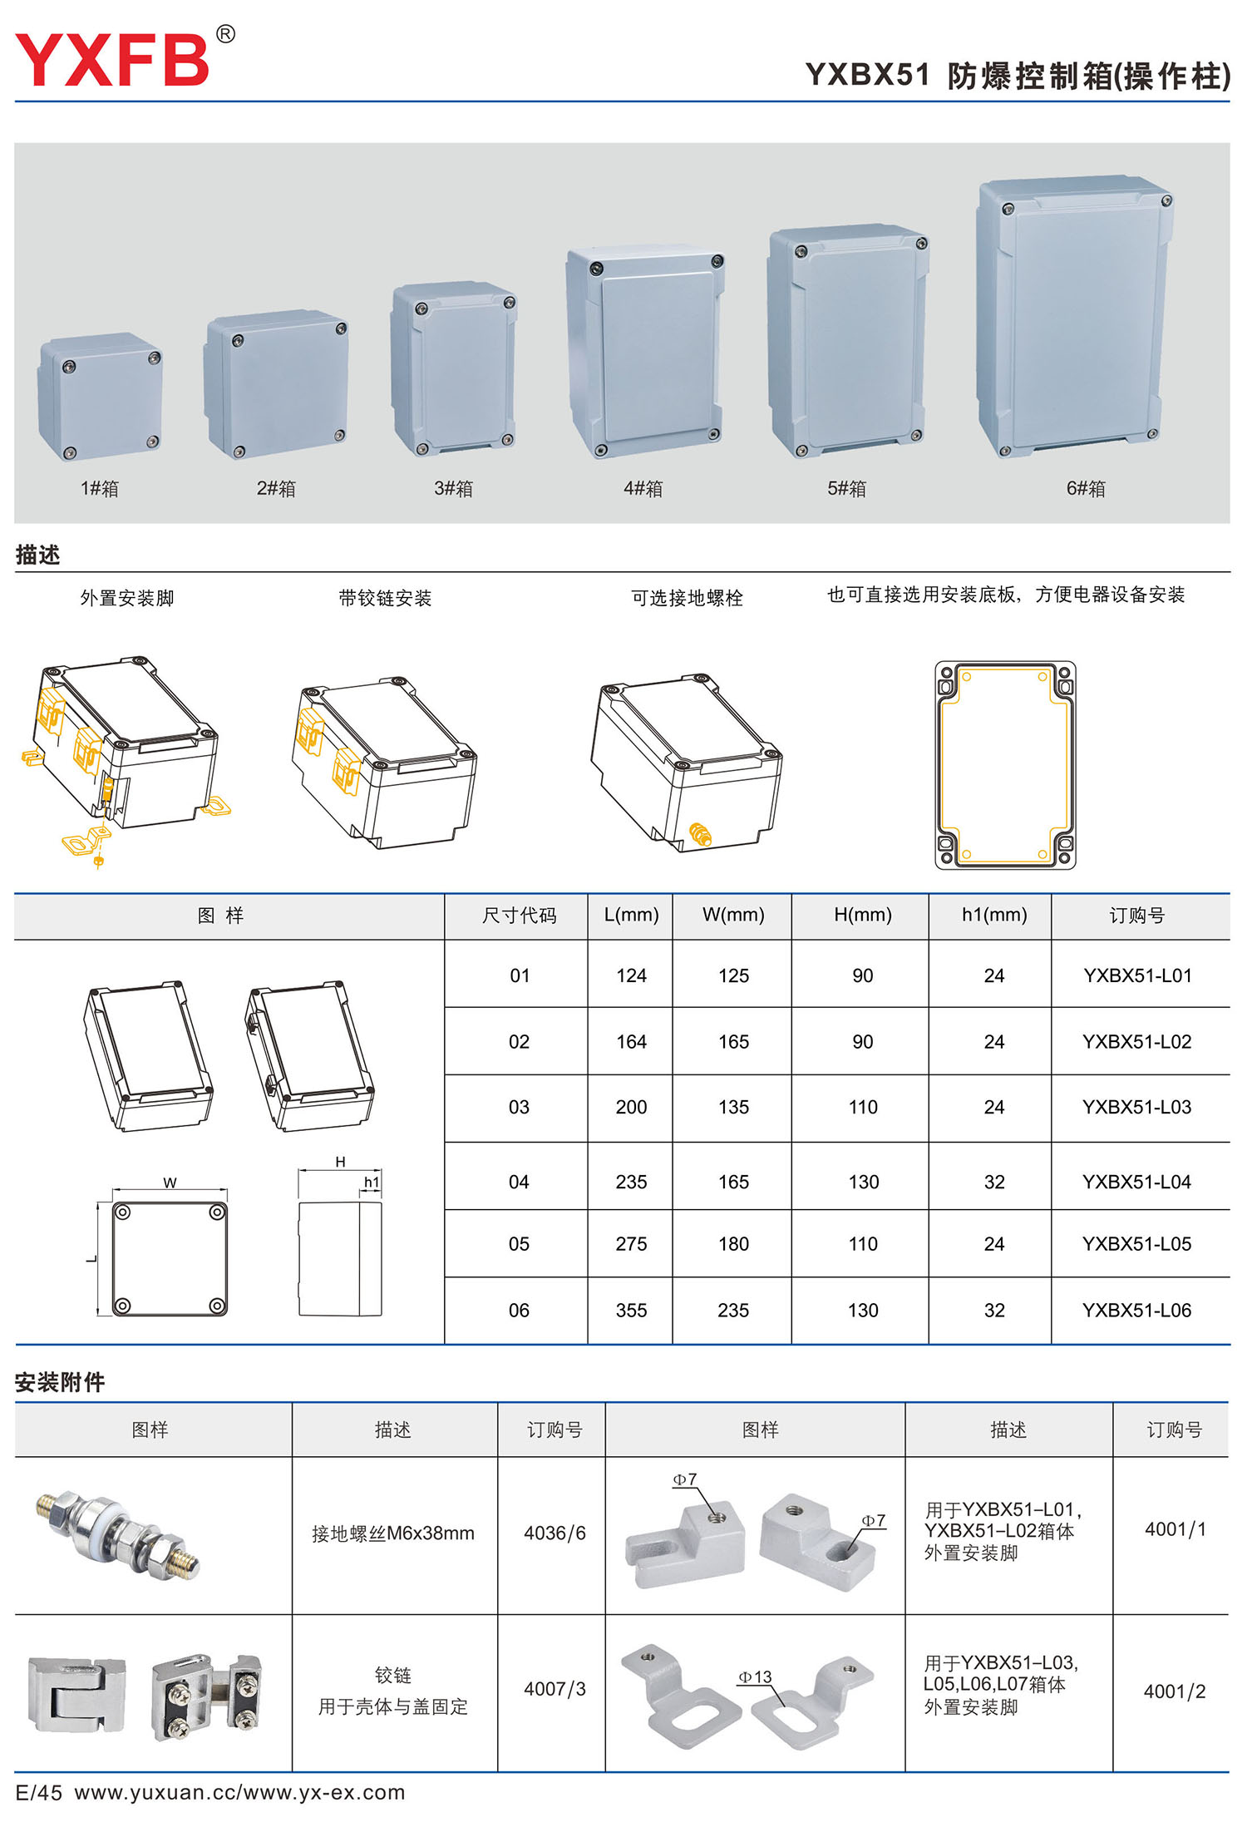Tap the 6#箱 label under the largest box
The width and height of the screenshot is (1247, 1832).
[x=1086, y=488]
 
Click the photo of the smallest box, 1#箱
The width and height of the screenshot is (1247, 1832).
[x=100, y=397]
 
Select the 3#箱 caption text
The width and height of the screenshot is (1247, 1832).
[x=453, y=488]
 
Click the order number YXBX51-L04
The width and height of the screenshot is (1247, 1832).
[x=1136, y=1182]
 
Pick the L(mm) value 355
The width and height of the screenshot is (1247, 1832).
[x=631, y=1311]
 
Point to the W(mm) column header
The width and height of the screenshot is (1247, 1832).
[x=732, y=915]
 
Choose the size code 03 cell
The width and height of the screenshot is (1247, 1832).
[x=519, y=1107]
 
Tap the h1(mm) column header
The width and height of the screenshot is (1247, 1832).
[x=993, y=915]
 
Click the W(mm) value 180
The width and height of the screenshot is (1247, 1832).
[x=733, y=1244]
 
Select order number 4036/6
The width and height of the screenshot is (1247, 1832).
[x=554, y=1533]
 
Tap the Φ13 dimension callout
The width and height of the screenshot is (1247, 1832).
[x=755, y=1677]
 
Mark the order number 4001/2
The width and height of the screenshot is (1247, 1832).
[x=1174, y=1691]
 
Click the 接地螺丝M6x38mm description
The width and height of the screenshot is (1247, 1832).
[x=392, y=1533]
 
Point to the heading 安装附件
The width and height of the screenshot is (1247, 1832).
[x=60, y=1382]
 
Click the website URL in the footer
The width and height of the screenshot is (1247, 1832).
[x=239, y=1792]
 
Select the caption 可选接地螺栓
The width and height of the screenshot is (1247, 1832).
[x=687, y=598]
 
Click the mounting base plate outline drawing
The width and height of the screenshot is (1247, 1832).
[x=1005, y=765]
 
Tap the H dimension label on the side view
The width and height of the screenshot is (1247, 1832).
[x=340, y=1162]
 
